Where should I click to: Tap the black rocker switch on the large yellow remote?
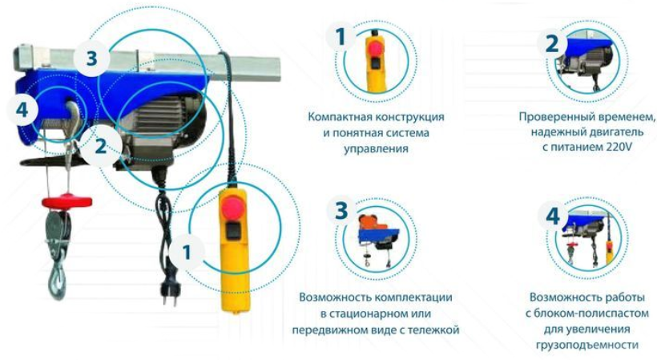[x=233, y=232]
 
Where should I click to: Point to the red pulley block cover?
[x=67, y=201]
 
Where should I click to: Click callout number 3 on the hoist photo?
[x=92, y=59]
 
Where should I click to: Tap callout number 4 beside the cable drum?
[x=22, y=110]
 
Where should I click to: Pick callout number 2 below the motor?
[x=101, y=146]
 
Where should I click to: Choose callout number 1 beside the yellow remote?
[x=187, y=252]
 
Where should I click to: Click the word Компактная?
[x=340, y=116]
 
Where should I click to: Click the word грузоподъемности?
[x=587, y=345]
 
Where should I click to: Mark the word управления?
[x=376, y=149]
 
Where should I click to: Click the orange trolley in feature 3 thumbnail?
[x=369, y=222]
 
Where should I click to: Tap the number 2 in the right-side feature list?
[x=552, y=43]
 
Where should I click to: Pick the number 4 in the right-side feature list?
[x=553, y=216]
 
